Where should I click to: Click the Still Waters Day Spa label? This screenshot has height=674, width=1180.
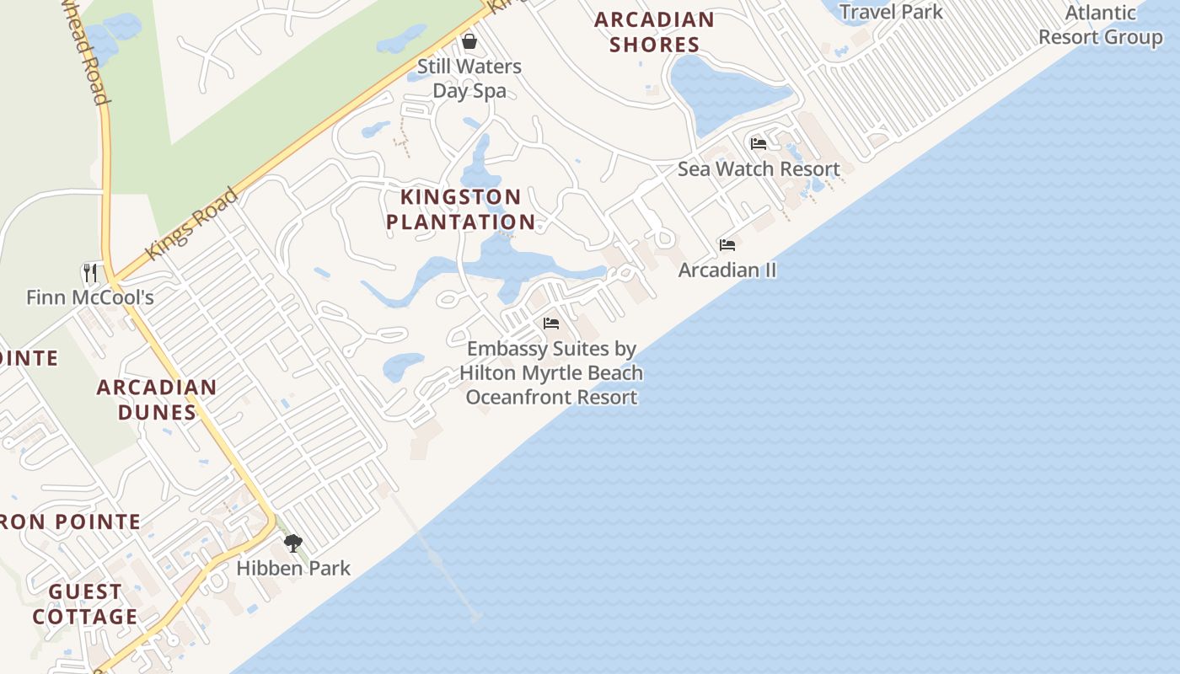[469, 78]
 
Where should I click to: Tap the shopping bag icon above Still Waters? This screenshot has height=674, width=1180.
[469, 41]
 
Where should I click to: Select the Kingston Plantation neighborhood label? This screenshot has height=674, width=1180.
[460, 209]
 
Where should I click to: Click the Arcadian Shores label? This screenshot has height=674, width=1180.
[654, 32]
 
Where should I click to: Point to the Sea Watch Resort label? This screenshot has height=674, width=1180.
[759, 168]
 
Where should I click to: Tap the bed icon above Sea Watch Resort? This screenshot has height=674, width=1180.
[759, 144]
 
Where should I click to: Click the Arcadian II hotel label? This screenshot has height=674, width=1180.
[727, 270]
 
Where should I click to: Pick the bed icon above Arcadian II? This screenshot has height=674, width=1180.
[727, 245]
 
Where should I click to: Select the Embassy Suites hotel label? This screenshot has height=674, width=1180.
[551, 372]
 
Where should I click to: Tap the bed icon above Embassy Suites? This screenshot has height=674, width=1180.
[551, 324]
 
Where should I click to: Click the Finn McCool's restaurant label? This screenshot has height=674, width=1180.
[90, 297]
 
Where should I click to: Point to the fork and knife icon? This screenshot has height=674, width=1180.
[90, 272]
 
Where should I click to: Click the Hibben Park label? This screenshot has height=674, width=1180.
[293, 568]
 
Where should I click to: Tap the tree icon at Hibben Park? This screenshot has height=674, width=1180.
[292, 543]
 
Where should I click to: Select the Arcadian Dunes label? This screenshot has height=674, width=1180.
[157, 399]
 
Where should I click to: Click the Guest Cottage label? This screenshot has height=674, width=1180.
[85, 604]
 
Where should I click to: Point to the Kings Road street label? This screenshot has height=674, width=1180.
[192, 224]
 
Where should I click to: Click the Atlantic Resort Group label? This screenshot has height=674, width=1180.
[1100, 25]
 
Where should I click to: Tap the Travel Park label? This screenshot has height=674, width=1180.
[892, 12]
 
